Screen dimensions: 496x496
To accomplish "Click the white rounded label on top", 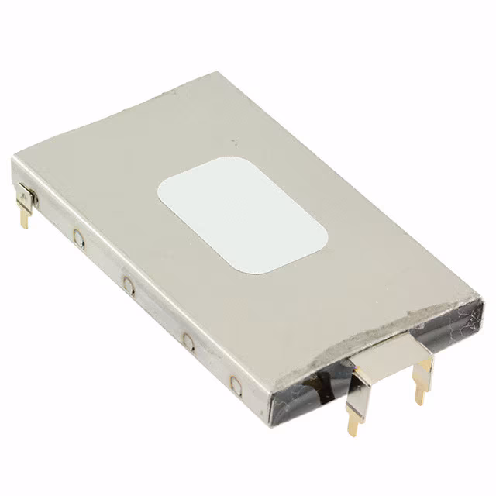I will pos(242,215).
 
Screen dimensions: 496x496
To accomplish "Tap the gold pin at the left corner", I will pos(24,218).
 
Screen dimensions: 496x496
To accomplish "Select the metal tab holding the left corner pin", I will pos(27,197).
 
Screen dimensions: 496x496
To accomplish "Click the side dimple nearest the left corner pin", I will pos(78,238).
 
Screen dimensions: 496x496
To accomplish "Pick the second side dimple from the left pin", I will pos(129,288).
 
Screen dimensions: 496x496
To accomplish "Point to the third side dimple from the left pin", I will pos(188,339).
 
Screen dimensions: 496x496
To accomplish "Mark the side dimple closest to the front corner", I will pos(236,382).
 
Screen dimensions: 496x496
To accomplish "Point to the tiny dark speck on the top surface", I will pos(233,141).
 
